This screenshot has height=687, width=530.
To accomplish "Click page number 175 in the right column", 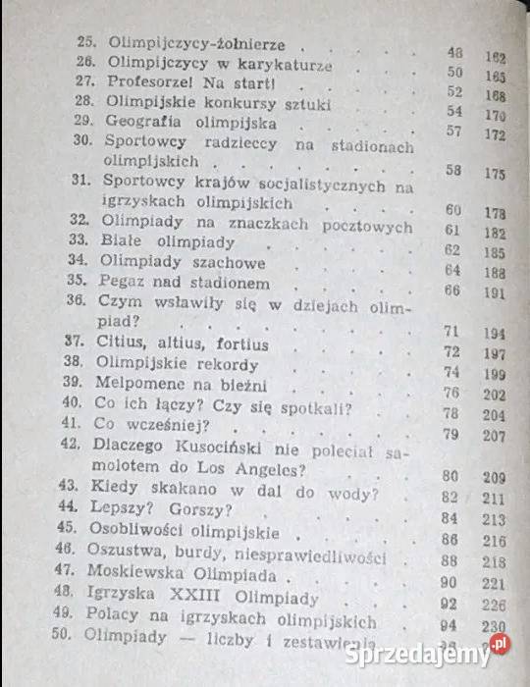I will click(x=494, y=173).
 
